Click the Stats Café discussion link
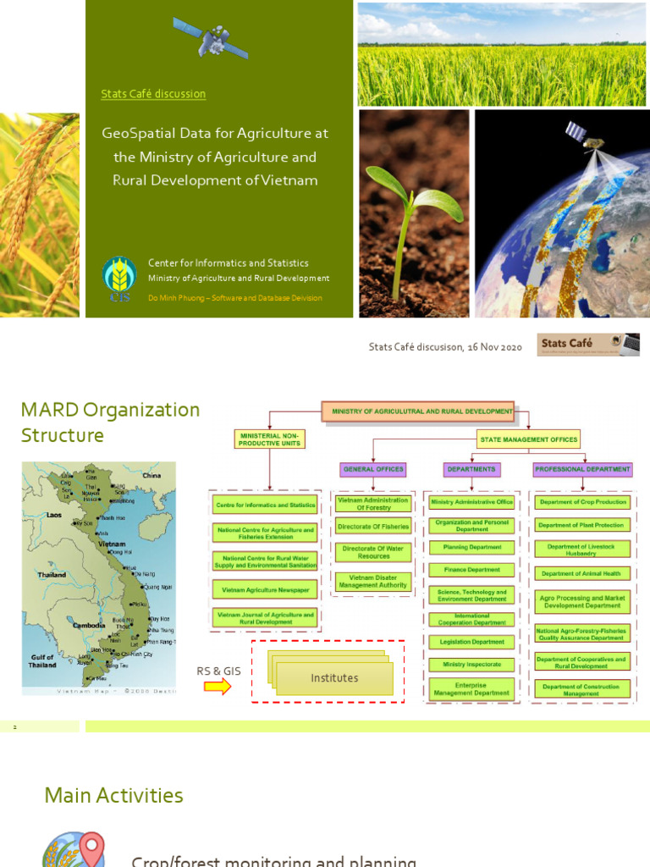coord(153,94)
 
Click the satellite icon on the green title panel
coord(211,38)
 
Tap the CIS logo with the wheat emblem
coord(119,278)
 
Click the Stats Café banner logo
coord(588,345)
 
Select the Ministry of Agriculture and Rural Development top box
coord(417,411)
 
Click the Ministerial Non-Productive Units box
coord(269,439)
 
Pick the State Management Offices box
coord(529,439)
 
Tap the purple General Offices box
coord(373,469)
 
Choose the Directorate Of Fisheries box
coord(373,527)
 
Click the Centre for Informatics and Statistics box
coord(266,505)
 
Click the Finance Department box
coord(471,570)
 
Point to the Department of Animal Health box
coord(581,573)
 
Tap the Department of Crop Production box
coord(581,502)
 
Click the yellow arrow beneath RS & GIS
coord(218,687)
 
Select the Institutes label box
coord(335,678)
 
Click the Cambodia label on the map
coord(89,625)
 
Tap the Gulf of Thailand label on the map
coord(41,661)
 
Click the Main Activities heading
coord(113,796)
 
